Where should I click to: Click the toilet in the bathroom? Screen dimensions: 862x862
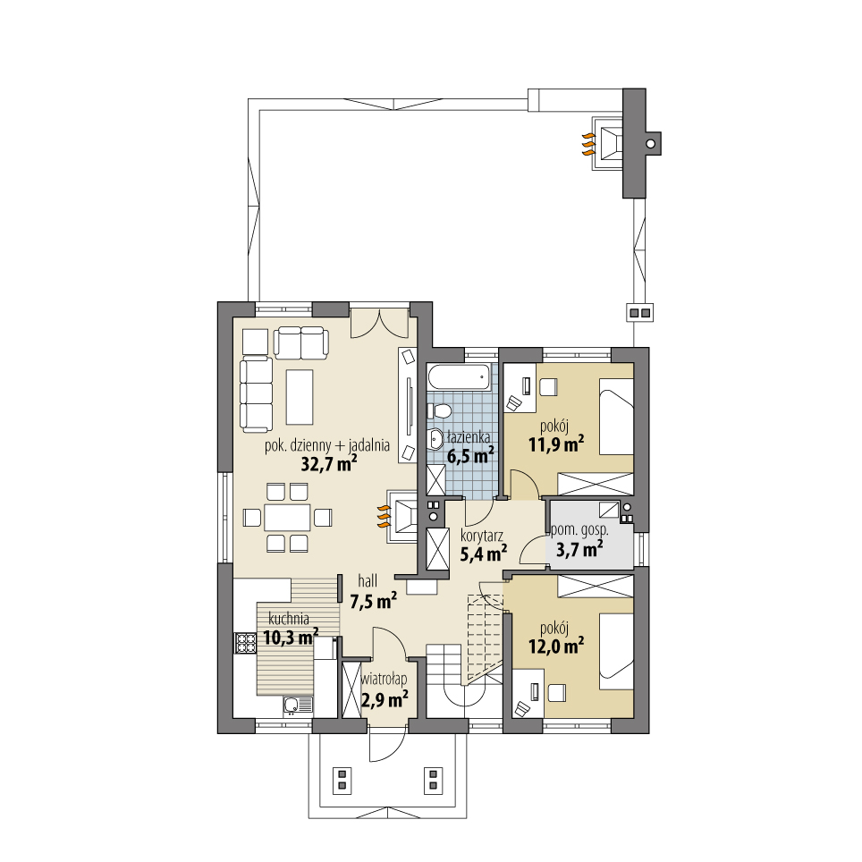pyautogui.click(x=439, y=410)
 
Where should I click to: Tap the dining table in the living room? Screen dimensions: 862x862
pyautogui.click(x=286, y=517)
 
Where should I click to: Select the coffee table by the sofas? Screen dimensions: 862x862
pyautogui.click(x=299, y=397)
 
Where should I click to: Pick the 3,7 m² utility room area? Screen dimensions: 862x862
pyautogui.click(x=579, y=549)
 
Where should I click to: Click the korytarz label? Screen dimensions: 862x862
pyautogui.click(x=482, y=537)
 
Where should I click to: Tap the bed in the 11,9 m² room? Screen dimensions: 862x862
pyautogui.click(x=615, y=418)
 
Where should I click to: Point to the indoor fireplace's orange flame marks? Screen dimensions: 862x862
pyautogui.click(x=383, y=513)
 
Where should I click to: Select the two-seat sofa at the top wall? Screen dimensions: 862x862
pyautogui.click(x=300, y=342)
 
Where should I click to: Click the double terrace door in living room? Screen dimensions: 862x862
pyautogui.click(x=380, y=323)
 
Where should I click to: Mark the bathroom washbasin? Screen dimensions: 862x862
pyautogui.click(x=435, y=438)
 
